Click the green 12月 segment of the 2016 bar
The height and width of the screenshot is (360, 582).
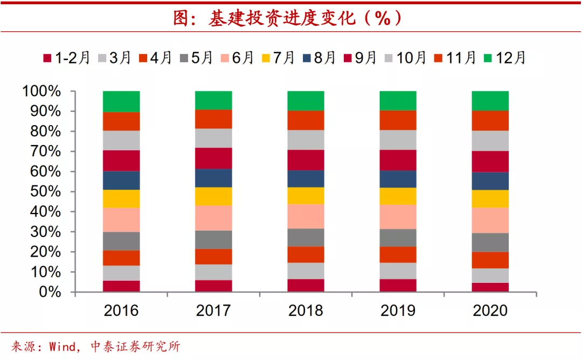pyautogui.click(x=121, y=101)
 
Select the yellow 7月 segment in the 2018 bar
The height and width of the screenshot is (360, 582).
pyautogui.click(x=306, y=195)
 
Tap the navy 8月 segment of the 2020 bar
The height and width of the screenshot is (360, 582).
pyautogui.click(x=490, y=181)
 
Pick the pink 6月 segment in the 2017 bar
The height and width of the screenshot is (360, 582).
pyautogui.click(x=213, y=218)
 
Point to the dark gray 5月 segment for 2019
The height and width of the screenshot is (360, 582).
pyautogui.click(x=398, y=238)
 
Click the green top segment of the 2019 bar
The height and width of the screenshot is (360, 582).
pyautogui.click(x=398, y=101)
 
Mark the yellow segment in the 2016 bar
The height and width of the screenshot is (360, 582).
pyautogui.click(x=121, y=198)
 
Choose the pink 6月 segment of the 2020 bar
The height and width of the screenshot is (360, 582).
pyautogui.click(x=490, y=220)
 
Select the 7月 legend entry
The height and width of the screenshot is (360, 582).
pyautogui.click(x=277, y=58)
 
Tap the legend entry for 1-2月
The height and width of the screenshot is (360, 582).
pyautogui.click(x=67, y=58)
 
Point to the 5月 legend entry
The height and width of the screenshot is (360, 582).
pyautogui.click(x=195, y=58)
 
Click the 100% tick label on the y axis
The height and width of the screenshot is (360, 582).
pyautogui.click(x=42, y=91)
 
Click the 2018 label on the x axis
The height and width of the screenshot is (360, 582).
pyautogui.click(x=306, y=310)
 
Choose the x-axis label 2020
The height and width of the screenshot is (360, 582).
pyautogui.click(x=490, y=310)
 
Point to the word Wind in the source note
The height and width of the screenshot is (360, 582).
pyautogui.click(x=63, y=347)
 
